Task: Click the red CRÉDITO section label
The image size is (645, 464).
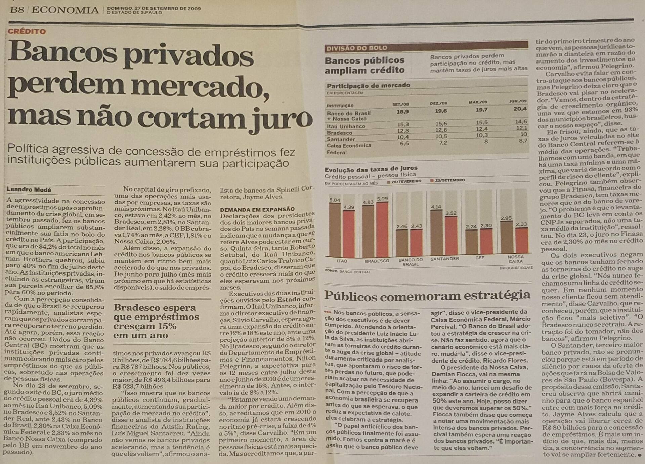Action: coord(27,32)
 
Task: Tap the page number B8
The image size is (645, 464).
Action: coord(17,10)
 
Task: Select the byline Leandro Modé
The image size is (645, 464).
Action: coord(29,189)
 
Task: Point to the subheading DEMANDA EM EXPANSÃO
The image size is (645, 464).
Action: coord(257,209)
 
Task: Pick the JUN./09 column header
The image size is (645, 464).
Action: coord(518,101)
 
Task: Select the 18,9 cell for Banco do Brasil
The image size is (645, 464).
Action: coord(402,111)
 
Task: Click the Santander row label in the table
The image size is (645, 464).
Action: coord(341,139)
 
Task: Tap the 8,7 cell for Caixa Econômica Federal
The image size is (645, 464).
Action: coord(523,141)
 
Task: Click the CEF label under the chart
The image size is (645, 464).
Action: coord(479,258)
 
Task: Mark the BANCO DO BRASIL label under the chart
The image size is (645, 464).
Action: coord(411,262)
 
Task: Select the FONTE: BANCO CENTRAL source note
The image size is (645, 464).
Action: coord(347,271)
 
